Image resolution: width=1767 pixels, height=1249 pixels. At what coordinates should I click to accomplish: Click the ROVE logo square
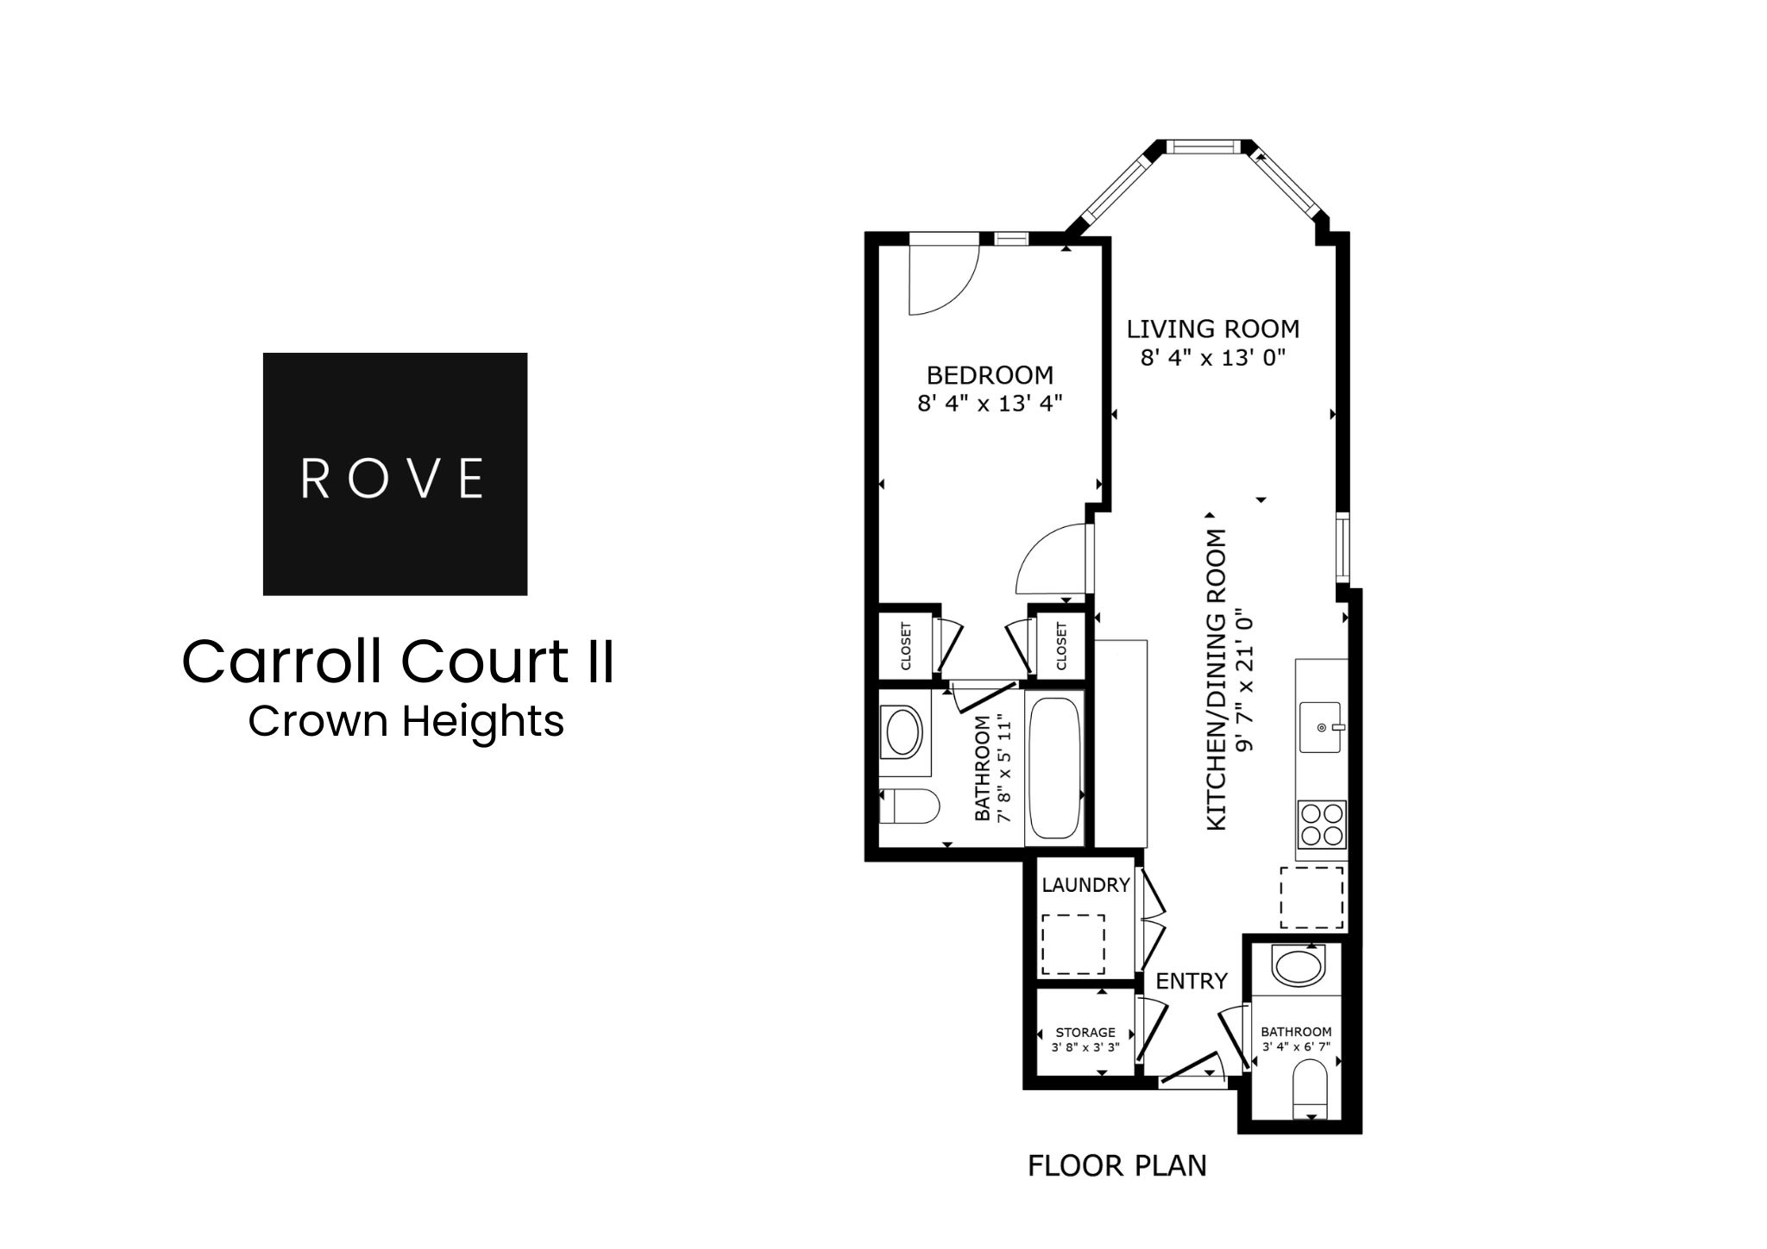click(x=394, y=474)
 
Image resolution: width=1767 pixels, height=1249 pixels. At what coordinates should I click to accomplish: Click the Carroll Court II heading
click(x=398, y=662)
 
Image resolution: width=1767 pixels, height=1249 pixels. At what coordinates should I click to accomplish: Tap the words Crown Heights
click(x=406, y=721)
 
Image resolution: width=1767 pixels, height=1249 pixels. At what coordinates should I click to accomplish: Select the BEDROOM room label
click(x=990, y=375)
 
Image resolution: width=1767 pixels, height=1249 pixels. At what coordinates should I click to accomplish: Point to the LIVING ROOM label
click(x=1212, y=329)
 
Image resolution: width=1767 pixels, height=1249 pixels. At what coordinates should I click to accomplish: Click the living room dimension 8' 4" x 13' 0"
click(x=1212, y=357)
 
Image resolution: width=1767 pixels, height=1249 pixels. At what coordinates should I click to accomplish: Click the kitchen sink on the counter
click(x=1321, y=727)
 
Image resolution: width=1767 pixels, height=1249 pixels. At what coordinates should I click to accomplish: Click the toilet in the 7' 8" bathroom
click(x=909, y=807)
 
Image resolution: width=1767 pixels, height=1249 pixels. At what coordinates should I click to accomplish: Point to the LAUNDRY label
click(x=1085, y=885)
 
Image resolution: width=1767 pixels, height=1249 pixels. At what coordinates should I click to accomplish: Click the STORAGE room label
click(x=1085, y=1032)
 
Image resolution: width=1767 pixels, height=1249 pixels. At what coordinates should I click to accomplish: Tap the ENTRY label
click(x=1191, y=981)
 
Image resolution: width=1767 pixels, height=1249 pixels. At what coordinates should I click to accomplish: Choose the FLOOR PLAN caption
click(x=1116, y=1166)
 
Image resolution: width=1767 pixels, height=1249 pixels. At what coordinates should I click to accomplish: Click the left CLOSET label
click(x=906, y=646)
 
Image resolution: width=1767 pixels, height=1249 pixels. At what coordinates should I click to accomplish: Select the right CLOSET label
click(x=1061, y=646)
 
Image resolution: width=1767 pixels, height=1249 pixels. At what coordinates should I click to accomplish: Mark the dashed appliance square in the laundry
click(x=1072, y=944)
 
